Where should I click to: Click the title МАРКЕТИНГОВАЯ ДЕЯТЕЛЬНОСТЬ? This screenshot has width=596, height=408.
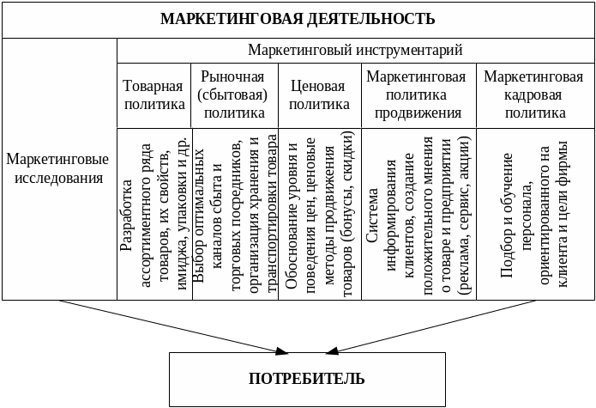(x=298, y=19)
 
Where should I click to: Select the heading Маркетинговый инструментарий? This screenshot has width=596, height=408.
(x=355, y=50)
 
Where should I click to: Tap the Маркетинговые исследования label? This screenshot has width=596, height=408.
(x=57, y=169)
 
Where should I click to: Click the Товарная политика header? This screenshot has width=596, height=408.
(x=154, y=95)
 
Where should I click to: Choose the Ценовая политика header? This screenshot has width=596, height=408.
(x=318, y=95)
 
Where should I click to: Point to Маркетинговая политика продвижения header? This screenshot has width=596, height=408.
(x=418, y=94)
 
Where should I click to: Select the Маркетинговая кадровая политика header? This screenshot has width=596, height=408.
(x=534, y=94)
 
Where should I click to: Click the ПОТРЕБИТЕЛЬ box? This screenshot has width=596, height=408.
(x=306, y=379)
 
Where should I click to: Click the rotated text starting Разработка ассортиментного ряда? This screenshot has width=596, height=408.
(x=154, y=215)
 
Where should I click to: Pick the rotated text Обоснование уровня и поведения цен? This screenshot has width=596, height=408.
(x=320, y=215)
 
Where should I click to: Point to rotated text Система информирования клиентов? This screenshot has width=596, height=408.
(x=418, y=215)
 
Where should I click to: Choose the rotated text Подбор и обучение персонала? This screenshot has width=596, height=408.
(x=534, y=215)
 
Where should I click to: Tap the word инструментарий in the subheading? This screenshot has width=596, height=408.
(x=410, y=50)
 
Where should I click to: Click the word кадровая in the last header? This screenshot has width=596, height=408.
(x=534, y=94)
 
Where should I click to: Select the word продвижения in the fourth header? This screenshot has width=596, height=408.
(x=418, y=113)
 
